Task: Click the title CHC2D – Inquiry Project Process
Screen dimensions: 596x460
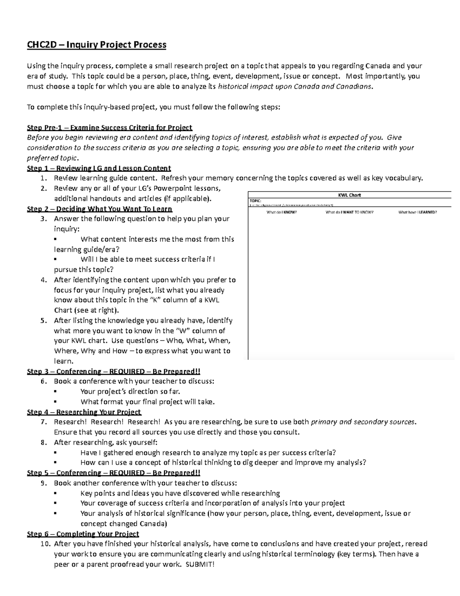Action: point(96,45)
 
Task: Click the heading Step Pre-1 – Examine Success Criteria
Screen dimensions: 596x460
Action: point(109,127)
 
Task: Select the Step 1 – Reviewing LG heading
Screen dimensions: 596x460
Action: point(99,168)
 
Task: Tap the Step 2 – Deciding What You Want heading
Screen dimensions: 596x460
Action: point(99,209)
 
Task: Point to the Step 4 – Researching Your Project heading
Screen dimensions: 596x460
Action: point(84,412)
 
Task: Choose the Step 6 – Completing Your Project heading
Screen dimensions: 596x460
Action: point(83,534)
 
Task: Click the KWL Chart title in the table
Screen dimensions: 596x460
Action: point(349,195)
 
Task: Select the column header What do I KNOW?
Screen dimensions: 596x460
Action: point(282,212)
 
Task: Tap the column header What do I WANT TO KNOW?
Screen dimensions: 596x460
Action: point(349,212)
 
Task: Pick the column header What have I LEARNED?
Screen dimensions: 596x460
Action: point(417,212)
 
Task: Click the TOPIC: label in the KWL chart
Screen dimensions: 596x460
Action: point(255,200)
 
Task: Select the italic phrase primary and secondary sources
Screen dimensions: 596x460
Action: point(363,422)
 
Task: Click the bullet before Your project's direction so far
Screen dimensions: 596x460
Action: point(56,392)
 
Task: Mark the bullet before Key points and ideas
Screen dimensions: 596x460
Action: point(56,494)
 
